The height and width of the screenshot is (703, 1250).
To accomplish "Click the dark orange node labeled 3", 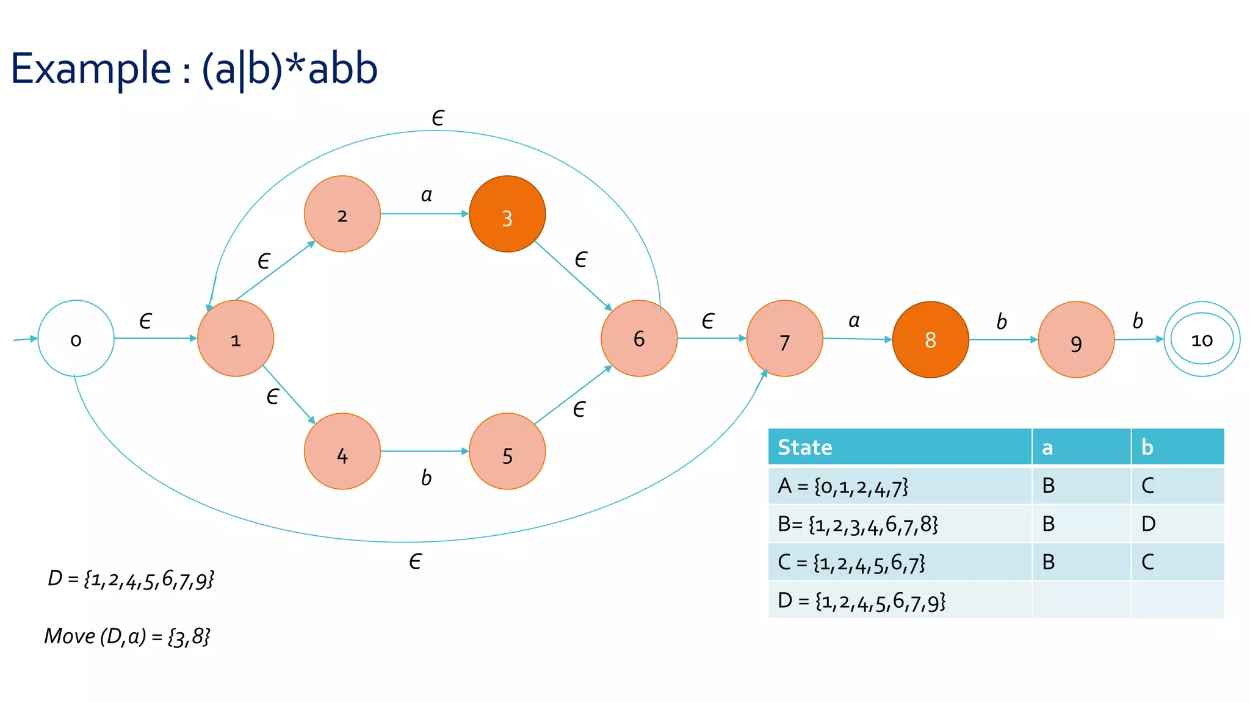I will pos(507,214).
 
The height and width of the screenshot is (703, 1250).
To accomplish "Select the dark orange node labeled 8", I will pos(930,340).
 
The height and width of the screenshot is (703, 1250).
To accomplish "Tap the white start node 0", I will pos(76,339).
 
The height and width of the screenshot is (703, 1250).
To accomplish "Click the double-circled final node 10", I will pos(1202,339).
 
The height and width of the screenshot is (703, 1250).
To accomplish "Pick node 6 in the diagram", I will pos(639,339).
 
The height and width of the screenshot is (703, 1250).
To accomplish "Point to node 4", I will pos(342,452).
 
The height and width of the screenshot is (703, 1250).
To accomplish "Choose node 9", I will pos(1076,340).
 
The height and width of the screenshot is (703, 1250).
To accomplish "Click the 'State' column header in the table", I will pos(804,447).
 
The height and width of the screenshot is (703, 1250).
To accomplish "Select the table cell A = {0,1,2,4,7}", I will pos(843,486).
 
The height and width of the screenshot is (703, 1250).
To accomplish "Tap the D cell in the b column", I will pos(1148,524).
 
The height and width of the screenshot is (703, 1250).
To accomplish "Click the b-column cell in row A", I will pos(1148,486).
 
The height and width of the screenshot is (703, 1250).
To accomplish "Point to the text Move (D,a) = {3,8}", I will pos(127,636).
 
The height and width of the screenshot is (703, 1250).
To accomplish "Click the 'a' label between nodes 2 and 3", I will pos(426,195).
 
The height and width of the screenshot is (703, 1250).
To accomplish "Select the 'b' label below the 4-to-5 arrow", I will pos(426,478).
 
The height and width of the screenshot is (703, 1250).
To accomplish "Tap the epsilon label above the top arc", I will pos(438,118).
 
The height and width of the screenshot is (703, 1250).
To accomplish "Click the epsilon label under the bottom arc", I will pos(415,561).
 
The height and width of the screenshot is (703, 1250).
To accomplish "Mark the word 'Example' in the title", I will pos(91,68).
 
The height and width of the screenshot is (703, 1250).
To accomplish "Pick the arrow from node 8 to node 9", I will pos(1003,340).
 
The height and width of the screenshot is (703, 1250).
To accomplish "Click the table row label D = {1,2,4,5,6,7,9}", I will pos(862,601).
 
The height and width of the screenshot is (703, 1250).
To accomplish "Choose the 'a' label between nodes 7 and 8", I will pos(854,321).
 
